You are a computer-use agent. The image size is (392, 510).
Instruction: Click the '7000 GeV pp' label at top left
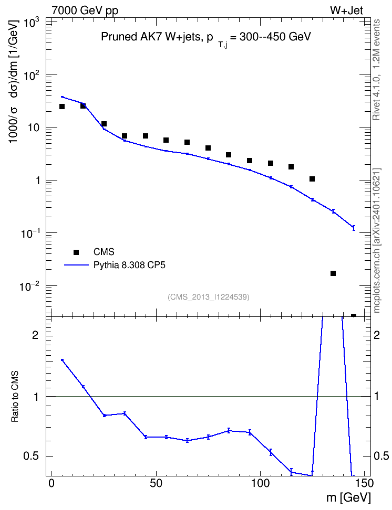coord(85,10)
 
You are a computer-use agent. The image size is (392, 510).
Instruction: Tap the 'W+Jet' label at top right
coord(346,10)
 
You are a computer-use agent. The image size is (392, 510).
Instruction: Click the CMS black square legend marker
coord(76,252)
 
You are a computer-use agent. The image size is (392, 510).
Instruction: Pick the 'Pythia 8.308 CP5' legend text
coord(129,265)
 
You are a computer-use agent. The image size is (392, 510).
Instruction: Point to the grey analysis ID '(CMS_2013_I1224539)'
coord(209,297)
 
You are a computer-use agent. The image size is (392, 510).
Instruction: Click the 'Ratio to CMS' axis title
coord(15,397)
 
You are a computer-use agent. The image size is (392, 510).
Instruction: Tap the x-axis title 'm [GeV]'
coord(348,497)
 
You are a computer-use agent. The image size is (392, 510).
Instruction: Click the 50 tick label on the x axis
coord(156,483)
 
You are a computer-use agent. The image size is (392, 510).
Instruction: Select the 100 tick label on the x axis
coord(261,483)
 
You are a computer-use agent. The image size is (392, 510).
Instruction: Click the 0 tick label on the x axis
coord(51,483)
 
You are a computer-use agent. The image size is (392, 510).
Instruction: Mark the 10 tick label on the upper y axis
coord(34,127)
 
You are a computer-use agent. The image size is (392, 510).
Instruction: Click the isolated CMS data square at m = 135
coord(333,273)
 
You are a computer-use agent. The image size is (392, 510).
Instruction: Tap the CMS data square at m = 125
coord(312,179)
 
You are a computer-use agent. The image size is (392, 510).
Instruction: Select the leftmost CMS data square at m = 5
coord(62,107)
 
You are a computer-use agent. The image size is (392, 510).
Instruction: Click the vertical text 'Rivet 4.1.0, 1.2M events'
coord(376,70)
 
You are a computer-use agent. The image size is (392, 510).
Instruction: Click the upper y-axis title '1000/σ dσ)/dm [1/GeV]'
coord(14,81)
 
